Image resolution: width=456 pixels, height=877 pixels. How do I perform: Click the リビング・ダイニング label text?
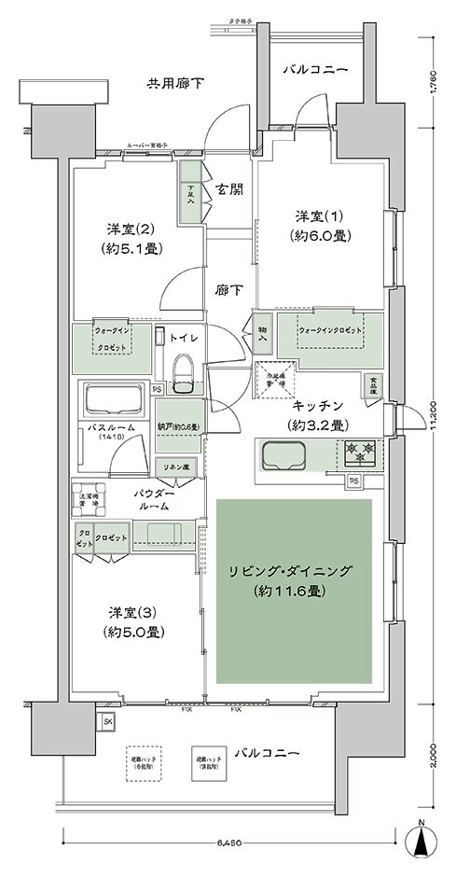pos(295,579)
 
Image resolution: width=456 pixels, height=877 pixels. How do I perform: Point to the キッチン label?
pos(317,404)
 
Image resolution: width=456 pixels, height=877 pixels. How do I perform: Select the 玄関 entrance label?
pos(228,187)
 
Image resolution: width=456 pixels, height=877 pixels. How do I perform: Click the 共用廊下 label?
pos(175,84)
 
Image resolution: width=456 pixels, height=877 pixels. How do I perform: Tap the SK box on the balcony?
pos(108,721)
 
